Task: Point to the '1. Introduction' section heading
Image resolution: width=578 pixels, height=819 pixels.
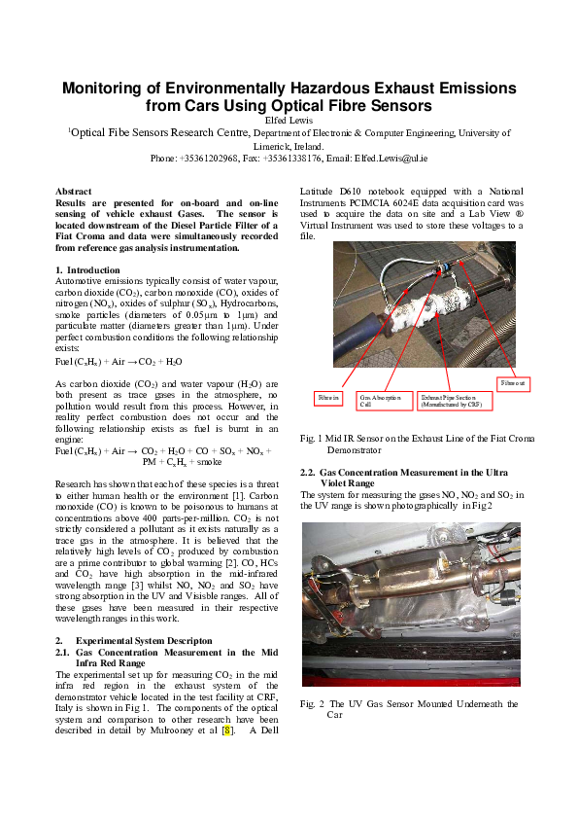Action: [88, 269]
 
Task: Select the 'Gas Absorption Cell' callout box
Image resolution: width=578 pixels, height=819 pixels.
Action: [380, 400]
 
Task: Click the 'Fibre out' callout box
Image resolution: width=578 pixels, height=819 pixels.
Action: [515, 383]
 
